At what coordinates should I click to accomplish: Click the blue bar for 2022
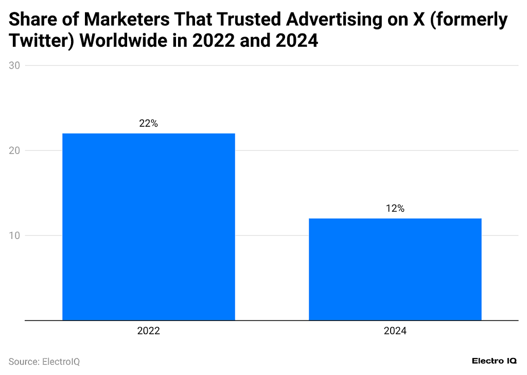pyautogui.click(x=148, y=227)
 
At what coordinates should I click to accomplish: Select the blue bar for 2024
pyautogui.click(x=395, y=269)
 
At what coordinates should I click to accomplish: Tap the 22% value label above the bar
pyautogui.click(x=148, y=124)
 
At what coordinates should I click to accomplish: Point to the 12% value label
pyautogui.click(x=395, y=209)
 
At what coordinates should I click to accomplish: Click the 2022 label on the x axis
pyautogui.click(x=148, y=331)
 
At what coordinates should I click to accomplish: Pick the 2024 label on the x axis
pyautogui.click(x=395, y=331)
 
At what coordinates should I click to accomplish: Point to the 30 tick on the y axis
pyautogui.click(x=14, y=65)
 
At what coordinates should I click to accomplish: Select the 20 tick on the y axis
pyautogui.click(x=14, y=150)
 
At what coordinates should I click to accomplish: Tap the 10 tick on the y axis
pyautogui.click(x=14, y=235)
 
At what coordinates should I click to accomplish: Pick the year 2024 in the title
pyautogui.click(x=297, y=41)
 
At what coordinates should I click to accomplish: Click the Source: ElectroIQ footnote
pyautogui.click(x=44, y=362)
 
